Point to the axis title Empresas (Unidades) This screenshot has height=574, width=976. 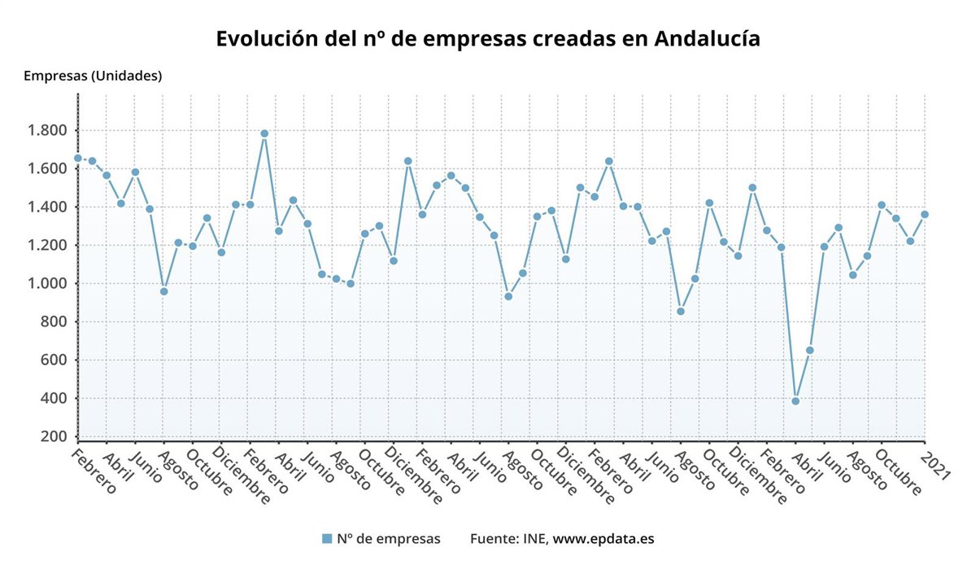point(93,76)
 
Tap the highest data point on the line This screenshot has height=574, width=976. point(264,134)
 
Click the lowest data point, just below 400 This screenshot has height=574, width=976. point(795,401)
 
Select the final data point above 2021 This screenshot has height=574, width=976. point(925,214)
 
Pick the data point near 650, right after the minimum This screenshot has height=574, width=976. point(809,350)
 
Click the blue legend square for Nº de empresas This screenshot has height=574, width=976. point(327,538)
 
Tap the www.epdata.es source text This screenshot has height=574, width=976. point(603,538)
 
